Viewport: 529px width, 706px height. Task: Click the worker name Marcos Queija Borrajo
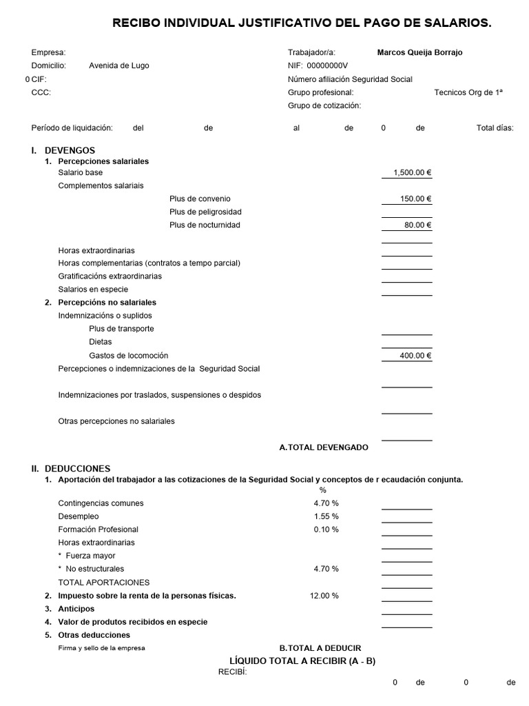tap(419, 52)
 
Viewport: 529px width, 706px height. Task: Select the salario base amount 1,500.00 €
tap(412, 172)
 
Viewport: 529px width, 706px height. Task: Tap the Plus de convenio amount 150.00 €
tap(415, 199)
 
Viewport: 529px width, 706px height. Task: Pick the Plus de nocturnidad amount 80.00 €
tap(417, 225)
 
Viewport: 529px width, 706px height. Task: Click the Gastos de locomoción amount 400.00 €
tap(415, 356)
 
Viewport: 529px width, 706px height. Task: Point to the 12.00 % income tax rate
tap(324, 596)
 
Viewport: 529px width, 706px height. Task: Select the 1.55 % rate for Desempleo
tap(326, 516)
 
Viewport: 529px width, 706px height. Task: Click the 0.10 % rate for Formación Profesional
tap(326, 529)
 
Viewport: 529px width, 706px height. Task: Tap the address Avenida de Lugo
tap(118, 65)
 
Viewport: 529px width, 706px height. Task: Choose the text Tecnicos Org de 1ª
tap(468, 92)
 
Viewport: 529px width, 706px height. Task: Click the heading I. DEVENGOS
tap(63, 150)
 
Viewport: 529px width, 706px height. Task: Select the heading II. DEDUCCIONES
tap(70, 468)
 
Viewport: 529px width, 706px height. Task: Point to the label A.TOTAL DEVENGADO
tap(324, 447)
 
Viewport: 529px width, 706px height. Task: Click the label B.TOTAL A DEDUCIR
tap(320, 648)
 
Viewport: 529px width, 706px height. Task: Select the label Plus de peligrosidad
tap(205, 212)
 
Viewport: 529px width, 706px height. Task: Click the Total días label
tap(495, 128)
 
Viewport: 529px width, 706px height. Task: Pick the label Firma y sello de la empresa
tap(102, 648)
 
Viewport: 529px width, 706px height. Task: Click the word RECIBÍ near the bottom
tap(232, 672)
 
